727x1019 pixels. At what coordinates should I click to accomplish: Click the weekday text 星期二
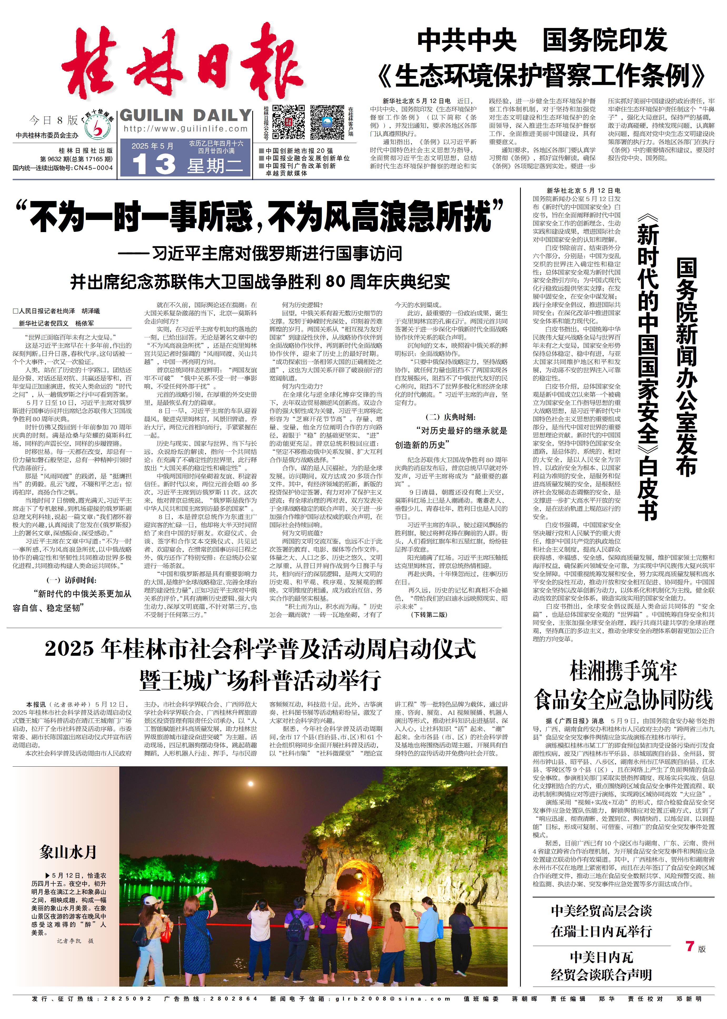tap(215, 166)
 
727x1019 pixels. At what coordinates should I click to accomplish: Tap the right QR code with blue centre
tap(327, 122)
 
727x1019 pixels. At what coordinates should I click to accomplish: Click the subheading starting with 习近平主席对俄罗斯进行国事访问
tap(260, 253)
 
